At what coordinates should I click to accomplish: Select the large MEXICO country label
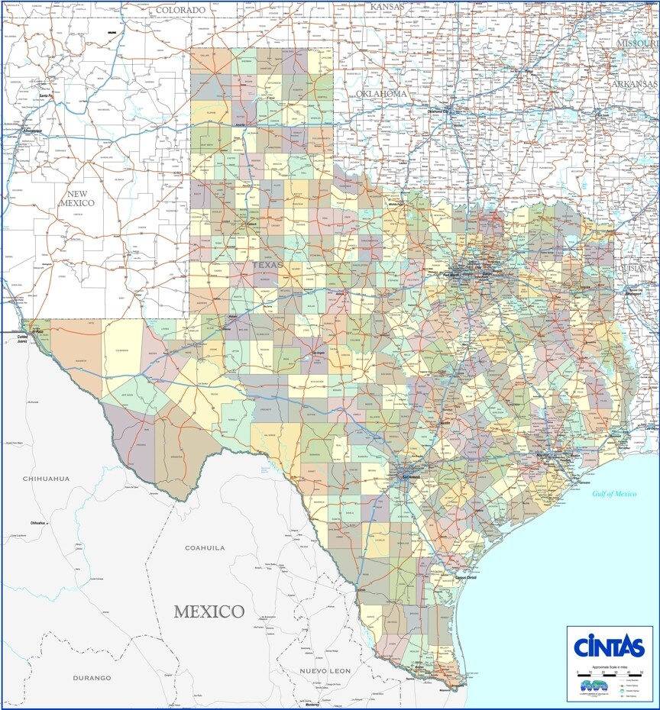coord(209,612)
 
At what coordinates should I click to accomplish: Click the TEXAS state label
coord(267,265)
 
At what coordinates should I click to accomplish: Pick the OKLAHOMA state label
coord(380,93)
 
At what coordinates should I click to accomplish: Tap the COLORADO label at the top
coord(180,10)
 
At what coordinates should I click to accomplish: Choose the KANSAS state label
coord(386,7)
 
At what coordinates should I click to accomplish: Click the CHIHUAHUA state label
coord(46,479)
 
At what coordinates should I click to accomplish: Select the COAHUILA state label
coord(205,547)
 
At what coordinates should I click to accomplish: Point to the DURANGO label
coord(92,677)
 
